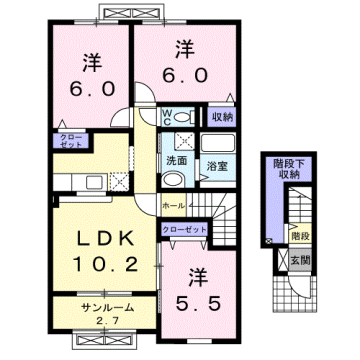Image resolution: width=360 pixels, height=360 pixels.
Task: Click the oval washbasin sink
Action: (x=172, y=180)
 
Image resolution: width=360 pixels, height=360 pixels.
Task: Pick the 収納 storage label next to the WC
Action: (x=221, y=116)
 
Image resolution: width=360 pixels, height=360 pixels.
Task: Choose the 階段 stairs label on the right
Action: (x=298, y=237)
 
